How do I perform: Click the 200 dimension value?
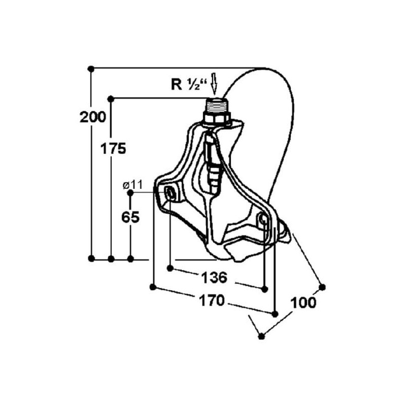coord(93,117)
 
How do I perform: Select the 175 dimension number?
coord(113,149)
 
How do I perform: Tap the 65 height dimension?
coord(130,217)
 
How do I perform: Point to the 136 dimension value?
coord(214,278)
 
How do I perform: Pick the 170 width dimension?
coord(212,300)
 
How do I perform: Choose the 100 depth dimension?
coord(303,302)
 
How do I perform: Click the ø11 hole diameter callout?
coord(132,185)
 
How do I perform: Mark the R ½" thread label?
coord(189,84)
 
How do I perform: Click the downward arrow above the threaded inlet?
coord(214,84)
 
